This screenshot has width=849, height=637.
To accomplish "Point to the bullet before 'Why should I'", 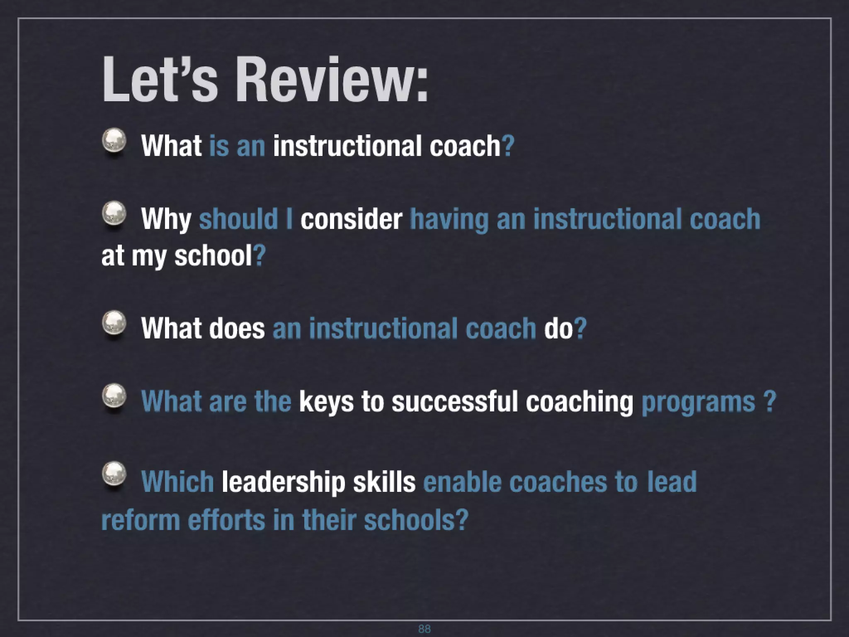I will click(114, 214).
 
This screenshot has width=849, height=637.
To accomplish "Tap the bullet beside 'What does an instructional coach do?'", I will click(114, 323).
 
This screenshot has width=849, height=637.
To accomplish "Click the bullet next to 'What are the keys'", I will click(114, 396).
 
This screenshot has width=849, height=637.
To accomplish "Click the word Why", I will click(166, 219).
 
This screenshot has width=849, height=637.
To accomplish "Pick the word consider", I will click(351, 219).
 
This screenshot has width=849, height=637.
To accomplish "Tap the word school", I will click(213, 256).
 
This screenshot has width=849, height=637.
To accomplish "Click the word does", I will click(237, 328).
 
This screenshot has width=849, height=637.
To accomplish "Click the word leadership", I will click(283, 482).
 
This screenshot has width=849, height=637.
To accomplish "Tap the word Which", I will click(177, 481).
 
